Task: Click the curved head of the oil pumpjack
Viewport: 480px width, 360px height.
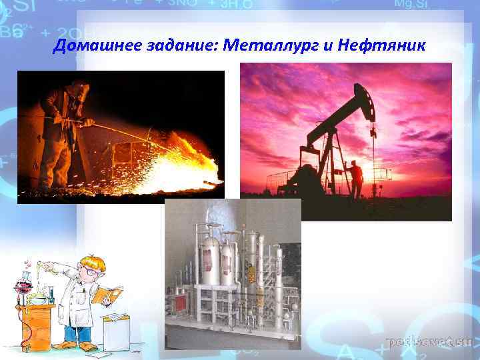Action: click(x=364, y=99)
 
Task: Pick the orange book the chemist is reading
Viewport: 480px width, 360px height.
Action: click(x=107, y=294)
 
